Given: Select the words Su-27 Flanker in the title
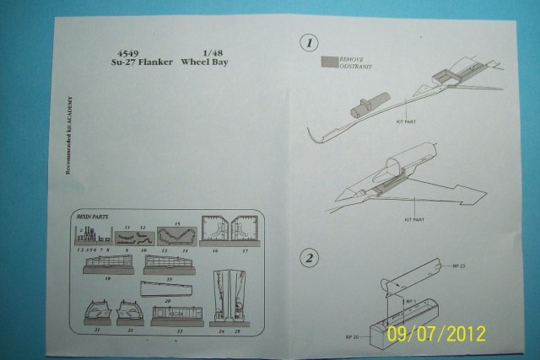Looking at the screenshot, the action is (x=133, y=62).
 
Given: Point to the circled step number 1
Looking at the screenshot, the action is (x=310, y=42).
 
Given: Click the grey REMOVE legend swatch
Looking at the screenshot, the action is (x=328, y=61).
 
